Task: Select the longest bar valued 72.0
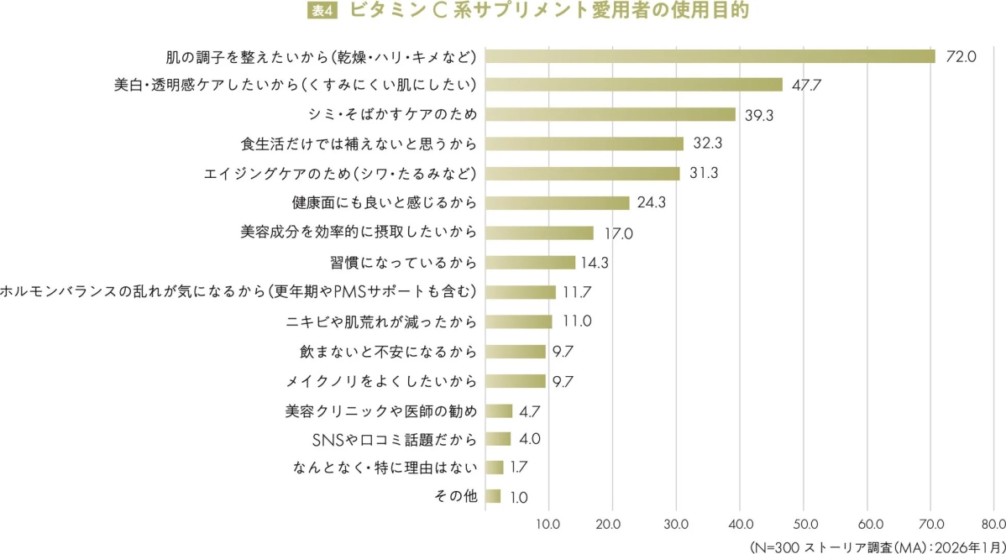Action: tap(710, 56)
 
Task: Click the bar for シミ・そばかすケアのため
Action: tap(610, 114)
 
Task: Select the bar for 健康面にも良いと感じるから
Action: tap(558, 202)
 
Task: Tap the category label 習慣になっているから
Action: tap(404, 263)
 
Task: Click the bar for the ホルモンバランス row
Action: tap(521, 292)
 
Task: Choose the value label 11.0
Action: tap(578, 321)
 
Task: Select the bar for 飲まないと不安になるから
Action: tap(516, 351)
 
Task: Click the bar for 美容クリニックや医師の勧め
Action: tap(499, 410)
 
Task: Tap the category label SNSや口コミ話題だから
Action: tap(395, 439)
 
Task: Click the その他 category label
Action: tap(456, 496)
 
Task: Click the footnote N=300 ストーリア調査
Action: tap(873, 545)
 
